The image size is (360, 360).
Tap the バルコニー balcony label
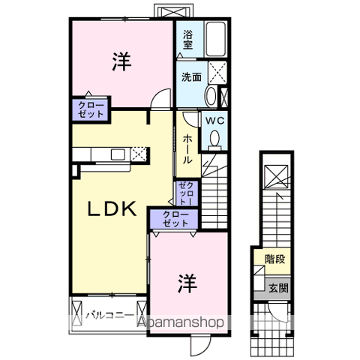coord(109,315)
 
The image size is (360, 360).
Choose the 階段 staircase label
coord(275,259)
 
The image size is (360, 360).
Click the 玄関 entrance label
coord(278,287)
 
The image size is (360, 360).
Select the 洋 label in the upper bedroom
coord(122,61)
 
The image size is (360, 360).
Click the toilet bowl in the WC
coord(214,139)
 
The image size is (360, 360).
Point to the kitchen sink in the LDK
coord(118,154)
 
